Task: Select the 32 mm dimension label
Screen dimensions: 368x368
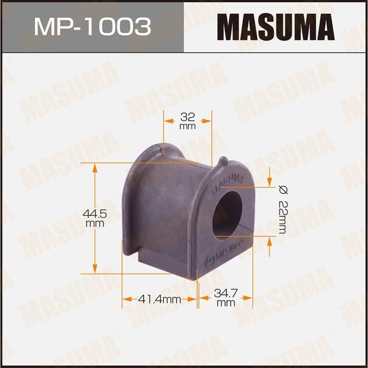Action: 188,120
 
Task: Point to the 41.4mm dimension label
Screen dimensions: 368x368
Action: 159,299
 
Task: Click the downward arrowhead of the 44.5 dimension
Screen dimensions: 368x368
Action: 94,269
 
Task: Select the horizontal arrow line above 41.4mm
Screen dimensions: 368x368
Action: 159,299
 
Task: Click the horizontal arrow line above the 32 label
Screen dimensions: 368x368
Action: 188,121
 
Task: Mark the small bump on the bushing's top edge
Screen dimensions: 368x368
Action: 223,162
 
